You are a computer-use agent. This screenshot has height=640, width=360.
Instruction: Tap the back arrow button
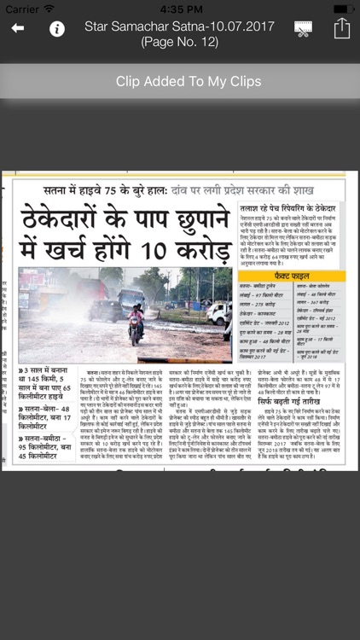[x=18, y=29]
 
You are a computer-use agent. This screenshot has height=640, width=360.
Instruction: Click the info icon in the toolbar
[x=57, y=29]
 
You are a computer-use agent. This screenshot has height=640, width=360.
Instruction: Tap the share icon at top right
[x=341, y=29]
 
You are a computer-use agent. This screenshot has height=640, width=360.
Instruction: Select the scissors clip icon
[x=302, y=29]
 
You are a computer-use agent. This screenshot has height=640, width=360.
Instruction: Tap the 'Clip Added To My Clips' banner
[x=180, y=82]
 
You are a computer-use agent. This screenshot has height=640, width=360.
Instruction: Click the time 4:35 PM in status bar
[x=180, y=8]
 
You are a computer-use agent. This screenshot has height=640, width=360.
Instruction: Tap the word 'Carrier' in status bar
[x=22, y=8]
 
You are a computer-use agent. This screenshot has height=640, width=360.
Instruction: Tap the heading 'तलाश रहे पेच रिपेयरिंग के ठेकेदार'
[x=287, y=208]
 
